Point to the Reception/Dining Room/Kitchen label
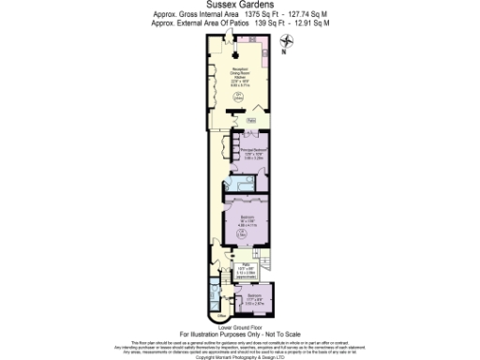[239, 78]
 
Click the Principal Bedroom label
[247, 153]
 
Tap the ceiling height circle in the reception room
[239, 97]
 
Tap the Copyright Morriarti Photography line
[239, 356]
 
